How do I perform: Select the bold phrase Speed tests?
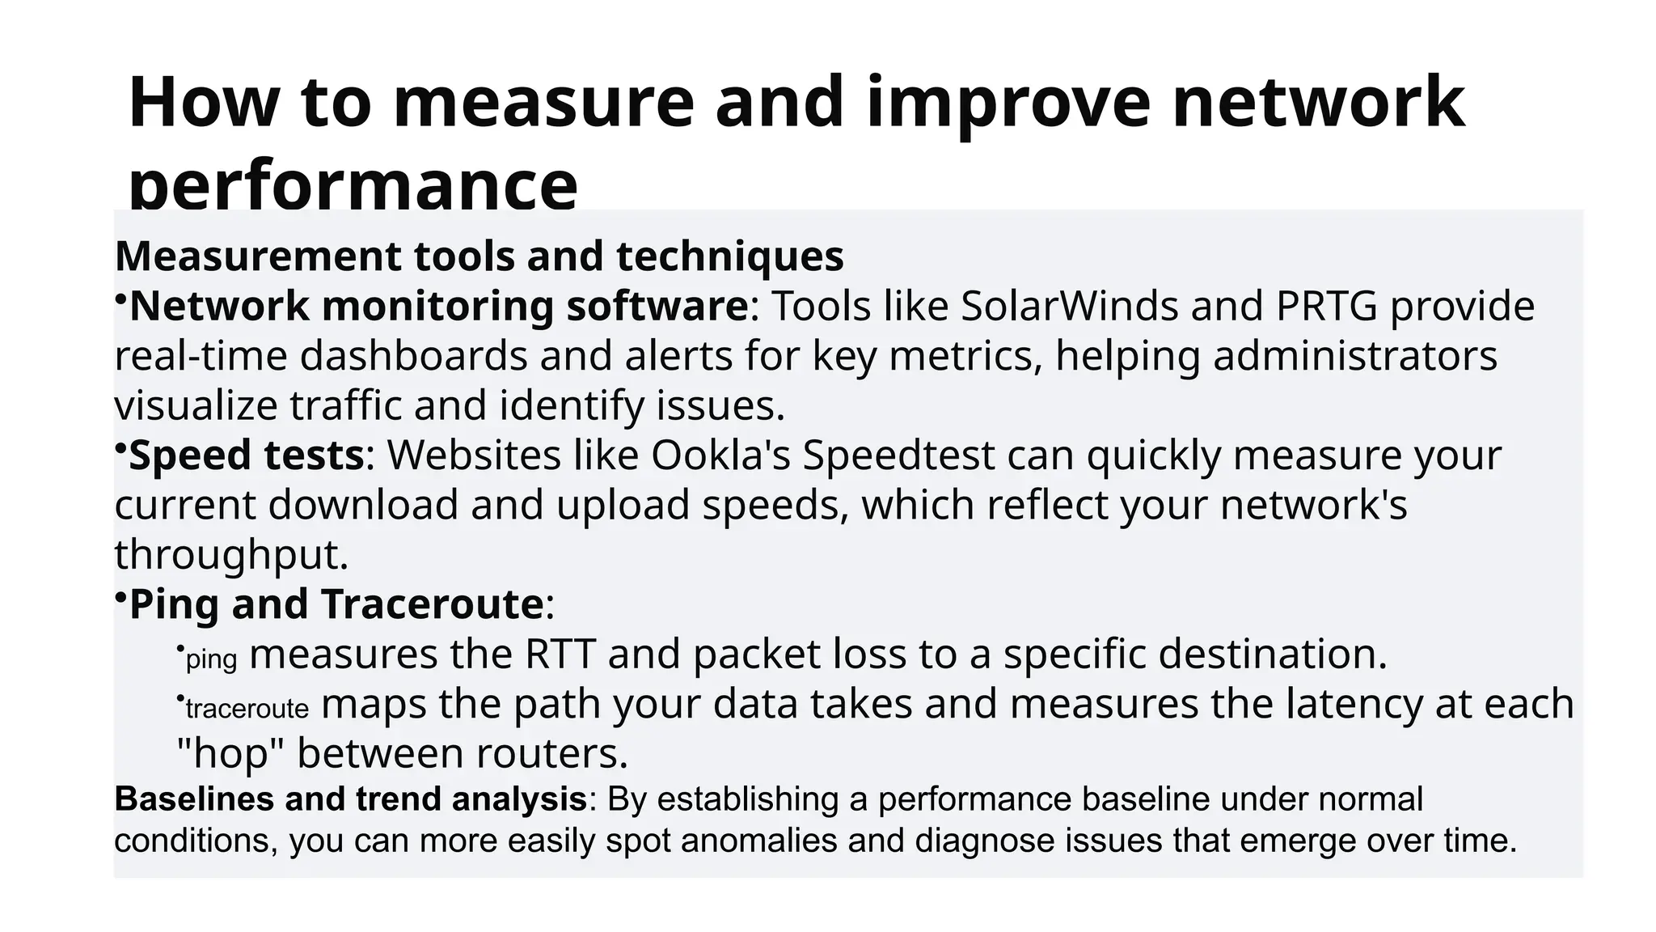[x=247, y=455]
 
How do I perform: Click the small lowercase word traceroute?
[x=247, y=709]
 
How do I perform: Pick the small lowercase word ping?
[x=211, y=659]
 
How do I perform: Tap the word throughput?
[x=231, y=555]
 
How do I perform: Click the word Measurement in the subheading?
[x=259, y=256]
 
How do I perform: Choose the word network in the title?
[x=1318, y=103]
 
